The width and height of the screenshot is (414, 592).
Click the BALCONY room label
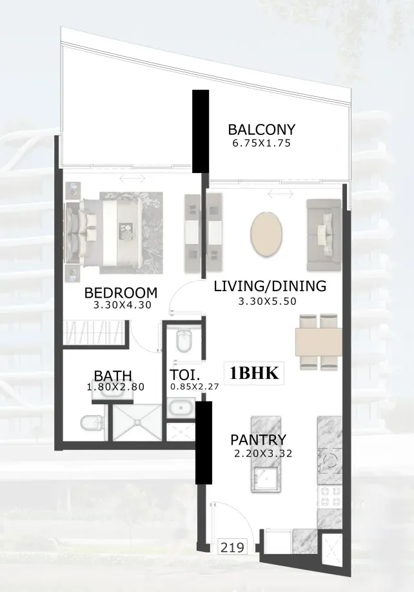pos(261,130)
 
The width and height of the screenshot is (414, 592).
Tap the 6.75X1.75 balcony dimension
pos(262,143)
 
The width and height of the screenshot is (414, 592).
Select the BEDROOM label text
pos(121,292)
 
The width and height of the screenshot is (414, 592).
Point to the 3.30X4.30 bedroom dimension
pos(122,305)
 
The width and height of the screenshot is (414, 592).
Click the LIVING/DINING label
pos(270,286)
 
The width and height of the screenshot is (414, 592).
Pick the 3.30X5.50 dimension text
pos(268,301)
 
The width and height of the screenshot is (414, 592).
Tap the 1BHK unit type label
pos(254,373)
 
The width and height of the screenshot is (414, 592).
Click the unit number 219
pos(232,547)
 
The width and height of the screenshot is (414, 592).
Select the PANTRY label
pos(259,440)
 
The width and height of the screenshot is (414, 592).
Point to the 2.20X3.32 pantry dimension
pos(263,453)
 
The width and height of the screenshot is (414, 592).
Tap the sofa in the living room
pos(324,235)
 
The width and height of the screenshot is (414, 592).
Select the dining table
pos(319,342)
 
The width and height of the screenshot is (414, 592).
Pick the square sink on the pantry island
pos(266,480)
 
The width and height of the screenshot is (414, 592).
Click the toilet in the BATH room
pos(92,423)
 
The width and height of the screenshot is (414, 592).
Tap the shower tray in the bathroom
pos(137,422)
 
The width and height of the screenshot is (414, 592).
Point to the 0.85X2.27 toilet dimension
pos(195,387)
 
